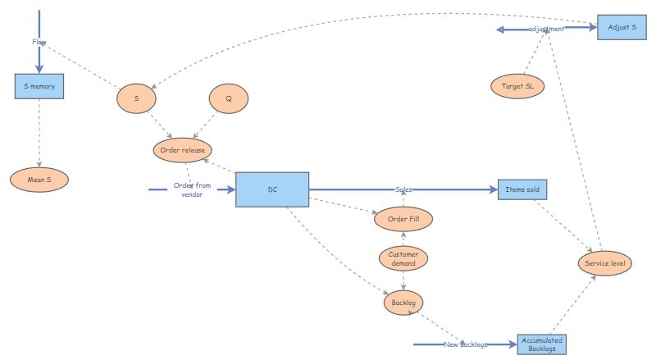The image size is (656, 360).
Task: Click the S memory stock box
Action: pos(39,86)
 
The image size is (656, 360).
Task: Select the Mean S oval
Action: pos(39,180)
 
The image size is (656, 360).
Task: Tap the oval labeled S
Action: pos(136,98)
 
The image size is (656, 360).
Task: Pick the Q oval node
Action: pos(229,98)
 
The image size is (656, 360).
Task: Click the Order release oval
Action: pos(182,150)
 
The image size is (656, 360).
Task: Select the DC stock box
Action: pos(272,189)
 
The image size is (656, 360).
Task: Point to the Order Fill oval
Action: pos(403,219)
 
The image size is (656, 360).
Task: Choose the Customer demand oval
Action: pos(403,258)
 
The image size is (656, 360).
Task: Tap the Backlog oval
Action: pos(403,303)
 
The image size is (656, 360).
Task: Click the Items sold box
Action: pos(522,189)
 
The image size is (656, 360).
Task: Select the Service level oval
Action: pos(605,263)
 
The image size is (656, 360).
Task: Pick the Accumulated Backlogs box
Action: pos(542,344)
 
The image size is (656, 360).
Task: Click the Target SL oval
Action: pos(517,86)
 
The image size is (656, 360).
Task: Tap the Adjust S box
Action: pos(622,27)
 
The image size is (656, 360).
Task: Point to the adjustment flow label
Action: pos(546,29)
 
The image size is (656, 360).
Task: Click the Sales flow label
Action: pos(403,189)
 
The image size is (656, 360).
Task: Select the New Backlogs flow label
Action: pos(466,344)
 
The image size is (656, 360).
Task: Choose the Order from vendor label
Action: pos(192,189)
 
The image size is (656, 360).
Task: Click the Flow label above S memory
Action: pos(39,42)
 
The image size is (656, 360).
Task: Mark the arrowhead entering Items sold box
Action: pos(494,189)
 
